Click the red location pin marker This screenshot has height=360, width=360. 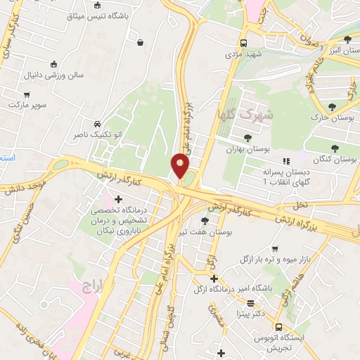tap(181, 167)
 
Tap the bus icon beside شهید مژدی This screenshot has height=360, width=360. tap(243, 41)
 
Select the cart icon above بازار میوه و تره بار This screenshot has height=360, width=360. tap(274, 249)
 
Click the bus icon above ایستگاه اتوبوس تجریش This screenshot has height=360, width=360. tap(278, 327)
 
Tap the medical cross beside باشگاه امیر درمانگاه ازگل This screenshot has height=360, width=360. tap(214, 278)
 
